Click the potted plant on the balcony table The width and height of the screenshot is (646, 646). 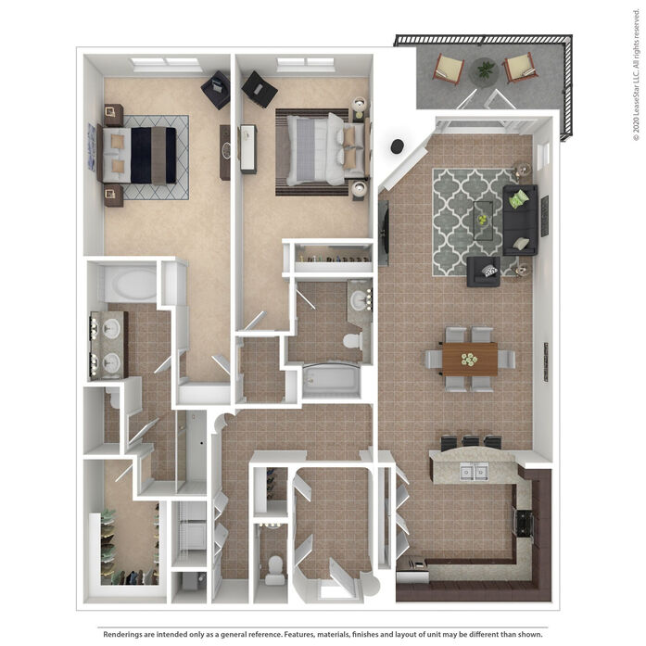[486, 69]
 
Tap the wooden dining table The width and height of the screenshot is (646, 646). [470, 359]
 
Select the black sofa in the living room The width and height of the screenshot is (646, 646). [520, 220]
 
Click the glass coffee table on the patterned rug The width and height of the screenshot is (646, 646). [483, 221]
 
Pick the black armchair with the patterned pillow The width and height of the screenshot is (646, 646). [484, 272]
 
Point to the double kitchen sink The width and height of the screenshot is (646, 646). [474, 472]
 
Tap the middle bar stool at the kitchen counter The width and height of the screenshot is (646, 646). [471, 442]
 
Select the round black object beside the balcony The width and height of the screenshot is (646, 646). [398, 146]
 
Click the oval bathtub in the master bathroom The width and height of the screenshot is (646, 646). [131, 285]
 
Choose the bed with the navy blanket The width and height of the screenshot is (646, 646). [137, 155]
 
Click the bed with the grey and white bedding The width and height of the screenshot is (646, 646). [323, 149]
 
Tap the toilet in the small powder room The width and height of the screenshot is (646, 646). [274, 569]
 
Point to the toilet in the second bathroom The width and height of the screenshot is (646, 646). [353, 341]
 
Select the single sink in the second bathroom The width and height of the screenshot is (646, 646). [360, 300]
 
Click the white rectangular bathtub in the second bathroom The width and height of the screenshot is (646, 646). [332, 380]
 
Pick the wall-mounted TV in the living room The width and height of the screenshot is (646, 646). [384, 234]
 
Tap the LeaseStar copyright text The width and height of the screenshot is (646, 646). [636, 75]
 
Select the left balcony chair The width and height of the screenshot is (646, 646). [449, 69]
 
